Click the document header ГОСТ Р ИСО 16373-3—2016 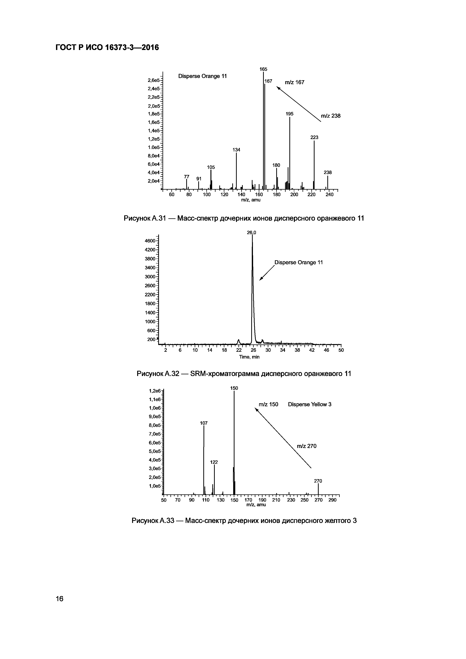pos(107,47)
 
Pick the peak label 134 pos(236,150)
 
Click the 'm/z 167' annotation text pos(294,82)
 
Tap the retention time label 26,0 pos(251,233)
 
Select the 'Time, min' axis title pos(249,357)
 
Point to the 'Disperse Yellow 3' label pos(310,404)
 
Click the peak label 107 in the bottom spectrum pos(204,423)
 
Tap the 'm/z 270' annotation pos(306,446)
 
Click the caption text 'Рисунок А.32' pos(158,374)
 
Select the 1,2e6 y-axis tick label pos(155,391)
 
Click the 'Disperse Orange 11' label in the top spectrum pos(202,76)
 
